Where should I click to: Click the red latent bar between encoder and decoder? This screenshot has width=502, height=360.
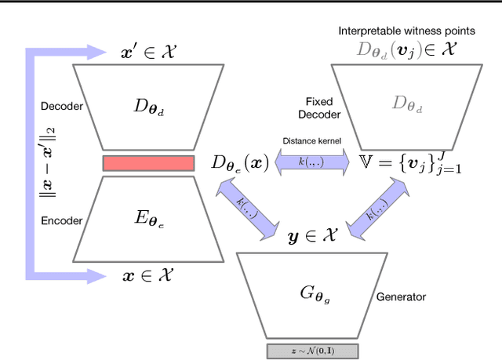tap(148, 163)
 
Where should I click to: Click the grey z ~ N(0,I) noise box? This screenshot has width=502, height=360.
tap(313, 351)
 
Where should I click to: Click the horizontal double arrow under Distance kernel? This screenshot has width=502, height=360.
tap(303, 162)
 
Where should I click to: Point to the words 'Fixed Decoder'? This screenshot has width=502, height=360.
tap(324, 107)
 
